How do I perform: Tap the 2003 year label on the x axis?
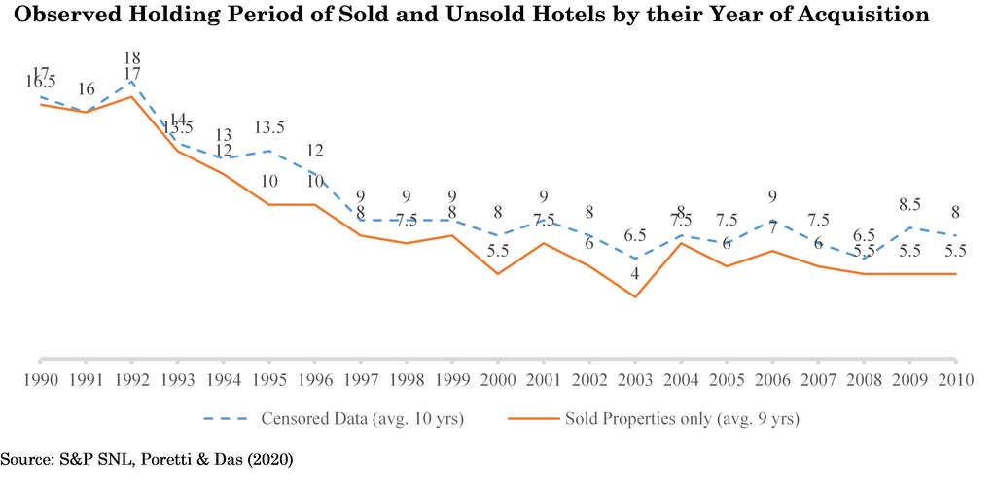pos(634,378)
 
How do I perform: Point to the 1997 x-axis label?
pos(360,378)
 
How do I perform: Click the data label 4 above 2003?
pos(635,274)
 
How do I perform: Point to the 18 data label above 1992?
pos(131,58)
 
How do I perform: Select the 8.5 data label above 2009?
pos(909,205)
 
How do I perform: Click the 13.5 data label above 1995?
pos(268,127)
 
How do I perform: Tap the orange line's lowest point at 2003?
pos(635,296)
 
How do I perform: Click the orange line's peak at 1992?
pos(131,96)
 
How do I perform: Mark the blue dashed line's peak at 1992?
pos(131,81)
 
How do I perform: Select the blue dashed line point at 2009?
pos(909,227)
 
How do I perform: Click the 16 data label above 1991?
pos(86,89)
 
